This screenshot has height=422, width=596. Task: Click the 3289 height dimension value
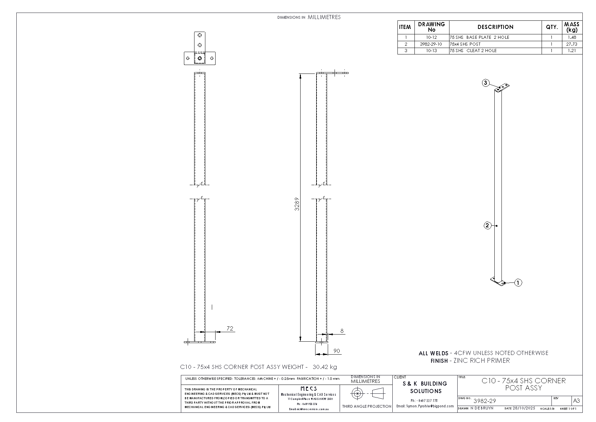click(x=297, y=204)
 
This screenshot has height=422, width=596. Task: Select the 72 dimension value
click(x=230, y=328)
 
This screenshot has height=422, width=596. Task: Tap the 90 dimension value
click(x=337, y=351)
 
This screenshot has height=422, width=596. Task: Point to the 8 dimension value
click(x=342, y=330)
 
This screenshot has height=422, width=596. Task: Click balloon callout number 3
click(x=486, y=83)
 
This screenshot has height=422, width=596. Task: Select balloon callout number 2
click(x=488, y=225)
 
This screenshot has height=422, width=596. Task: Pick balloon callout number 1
click(x=518, y=282)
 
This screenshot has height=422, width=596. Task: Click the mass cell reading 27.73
click(x=572, y=44)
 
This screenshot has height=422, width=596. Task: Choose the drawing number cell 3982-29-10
click(x=431, y=44)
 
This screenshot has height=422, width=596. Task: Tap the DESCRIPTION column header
click(x=495, y=27)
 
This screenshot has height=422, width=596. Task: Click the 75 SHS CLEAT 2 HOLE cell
click(x=473, y=51)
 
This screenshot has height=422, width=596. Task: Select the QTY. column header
click(x=552, y=27)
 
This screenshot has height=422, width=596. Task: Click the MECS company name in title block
click(x=309, y=388)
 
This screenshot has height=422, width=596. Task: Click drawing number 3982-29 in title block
click(x=484, y=401)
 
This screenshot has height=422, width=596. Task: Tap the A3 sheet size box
click(x=577, y=401)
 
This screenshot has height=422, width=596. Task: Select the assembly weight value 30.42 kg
click(x=325, y=367)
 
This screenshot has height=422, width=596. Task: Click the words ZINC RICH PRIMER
click(x=482, y=360)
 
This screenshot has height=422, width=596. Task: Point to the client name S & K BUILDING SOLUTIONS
click(x=426, y=387)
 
